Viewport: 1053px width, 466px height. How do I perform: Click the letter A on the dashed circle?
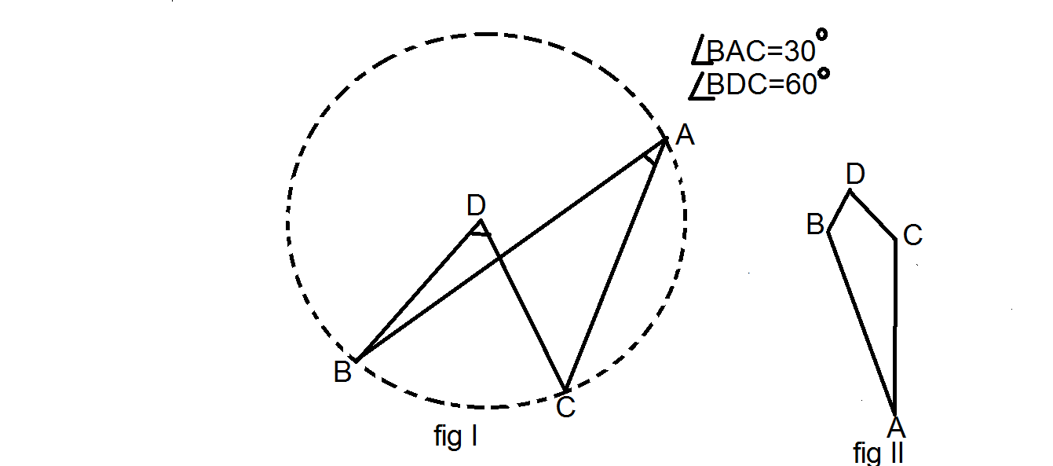click(685, 135)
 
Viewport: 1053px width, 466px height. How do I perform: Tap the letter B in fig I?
click(342, 372)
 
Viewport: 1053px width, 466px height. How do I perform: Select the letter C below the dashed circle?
click(565, 407)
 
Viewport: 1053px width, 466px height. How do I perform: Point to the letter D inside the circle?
click(476, 205)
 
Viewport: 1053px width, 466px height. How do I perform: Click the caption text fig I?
click(455, 437)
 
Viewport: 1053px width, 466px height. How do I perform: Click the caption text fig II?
click(878, 453)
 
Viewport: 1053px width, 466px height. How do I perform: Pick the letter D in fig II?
click(855, 174)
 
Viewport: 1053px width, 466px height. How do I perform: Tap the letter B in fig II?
click(816, 224)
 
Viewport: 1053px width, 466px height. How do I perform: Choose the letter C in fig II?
click(912, 235)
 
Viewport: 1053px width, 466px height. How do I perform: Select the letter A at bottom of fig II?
click(897, 427)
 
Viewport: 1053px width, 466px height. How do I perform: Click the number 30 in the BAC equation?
click(799, 51)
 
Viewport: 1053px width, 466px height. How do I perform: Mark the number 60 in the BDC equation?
click(801, 85)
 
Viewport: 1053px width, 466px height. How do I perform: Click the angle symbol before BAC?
click(700, 49)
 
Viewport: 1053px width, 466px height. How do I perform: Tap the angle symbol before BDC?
click(700, 86)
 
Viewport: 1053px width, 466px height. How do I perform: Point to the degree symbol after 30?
click(821, 35)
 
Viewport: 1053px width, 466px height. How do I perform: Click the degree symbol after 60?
click(823, 74)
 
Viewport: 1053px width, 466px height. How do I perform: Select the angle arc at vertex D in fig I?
click(481, 233)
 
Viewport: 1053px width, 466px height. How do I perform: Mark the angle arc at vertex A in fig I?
click(649, 159)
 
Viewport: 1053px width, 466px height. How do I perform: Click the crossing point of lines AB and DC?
click(499, 257)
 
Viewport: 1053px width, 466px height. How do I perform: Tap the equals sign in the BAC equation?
click(776, 52)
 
